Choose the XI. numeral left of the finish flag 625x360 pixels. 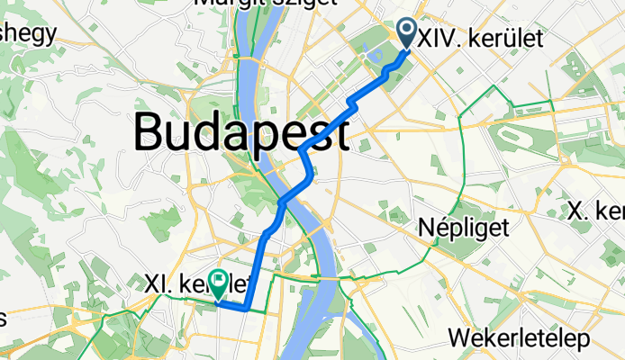tap(159, 283)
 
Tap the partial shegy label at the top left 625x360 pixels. tap(28, 33)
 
